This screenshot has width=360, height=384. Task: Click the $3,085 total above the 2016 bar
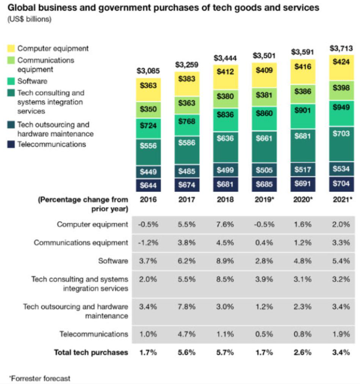coord(148,71)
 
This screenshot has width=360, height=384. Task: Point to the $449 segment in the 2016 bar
coord(148,172)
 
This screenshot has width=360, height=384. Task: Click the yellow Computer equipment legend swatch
coord(11,49)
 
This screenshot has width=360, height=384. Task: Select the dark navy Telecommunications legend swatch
coord(11,145)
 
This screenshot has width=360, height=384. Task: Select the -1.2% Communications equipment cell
coord(148,243)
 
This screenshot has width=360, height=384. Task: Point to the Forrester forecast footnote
coord(40,378)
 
